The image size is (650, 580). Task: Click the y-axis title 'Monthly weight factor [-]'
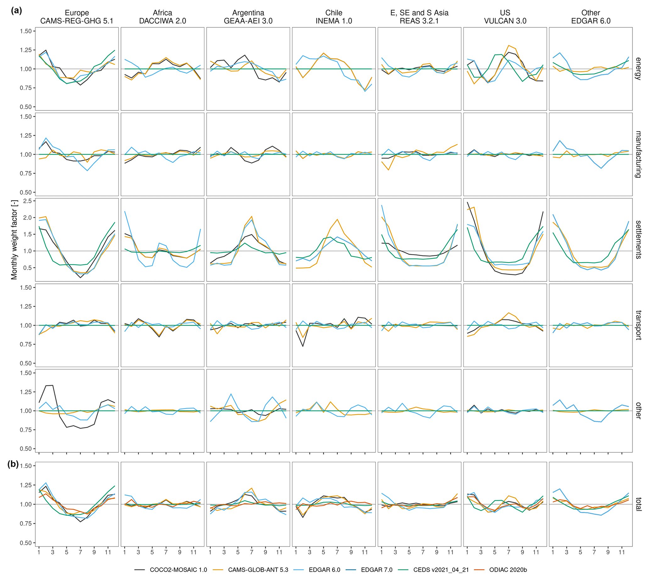(x=14, y=240)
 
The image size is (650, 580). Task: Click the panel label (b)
(x=13, y=464)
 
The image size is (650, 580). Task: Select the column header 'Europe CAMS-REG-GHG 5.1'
(x=77, y=17)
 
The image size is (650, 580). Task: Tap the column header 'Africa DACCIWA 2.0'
(x=163, y=17)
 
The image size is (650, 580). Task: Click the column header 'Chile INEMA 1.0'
(x=334, y=17)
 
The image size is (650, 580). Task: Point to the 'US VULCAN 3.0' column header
(x=505, y=17)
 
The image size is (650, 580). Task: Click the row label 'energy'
(x=638, y=69)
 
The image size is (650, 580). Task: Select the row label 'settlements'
(x=638, y=240)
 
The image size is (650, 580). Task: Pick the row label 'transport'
(x=638, y=325)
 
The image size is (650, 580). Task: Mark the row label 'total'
(x=638, y=504)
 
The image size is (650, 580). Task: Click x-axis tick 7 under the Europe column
(x=80, y=552)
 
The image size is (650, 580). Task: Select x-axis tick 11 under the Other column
(x=622, y=552)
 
